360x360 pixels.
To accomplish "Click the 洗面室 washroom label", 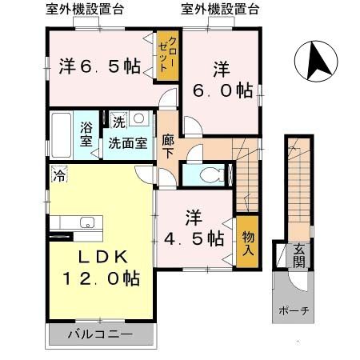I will pyautogui.click(x=128, y=144).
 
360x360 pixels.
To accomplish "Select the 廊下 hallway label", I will pyautogui.click(x=167, y=144).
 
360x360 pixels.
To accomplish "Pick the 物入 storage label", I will pyautogui.click(x=247, y=240).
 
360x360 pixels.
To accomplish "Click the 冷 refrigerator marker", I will pyautogui.click(x=59, y=172).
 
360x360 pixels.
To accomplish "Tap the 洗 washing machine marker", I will pyautogui.click(x=118, y=122).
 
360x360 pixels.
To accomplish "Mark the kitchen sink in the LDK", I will pyautogui.click(x=86, y=223).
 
